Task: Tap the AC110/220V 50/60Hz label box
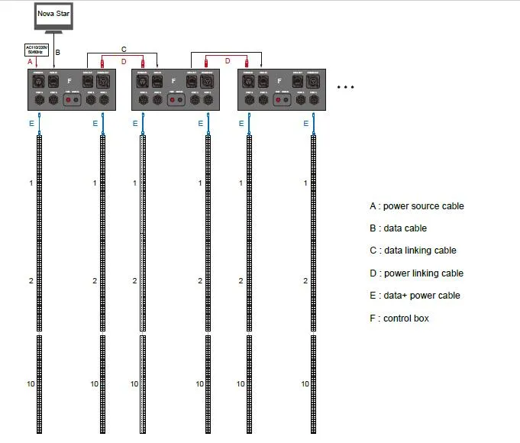37,50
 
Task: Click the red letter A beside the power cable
29,61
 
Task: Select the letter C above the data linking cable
124,49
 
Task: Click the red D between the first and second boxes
124,61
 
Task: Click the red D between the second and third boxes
227,61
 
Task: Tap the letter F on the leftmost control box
70,79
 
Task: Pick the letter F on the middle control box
174,79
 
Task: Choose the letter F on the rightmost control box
280,79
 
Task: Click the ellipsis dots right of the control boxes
346,88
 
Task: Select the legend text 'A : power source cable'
416,206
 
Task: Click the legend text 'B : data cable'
398,228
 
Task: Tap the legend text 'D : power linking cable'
416,273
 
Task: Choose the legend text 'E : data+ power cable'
415,296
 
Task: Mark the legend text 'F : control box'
399,318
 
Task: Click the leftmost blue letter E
30,122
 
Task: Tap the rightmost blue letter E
305,122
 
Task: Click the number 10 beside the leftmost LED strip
31,383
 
